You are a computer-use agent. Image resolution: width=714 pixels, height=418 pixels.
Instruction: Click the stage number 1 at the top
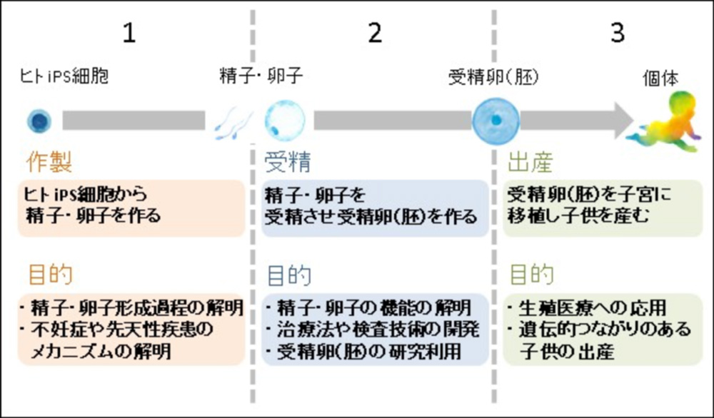coord(129,34)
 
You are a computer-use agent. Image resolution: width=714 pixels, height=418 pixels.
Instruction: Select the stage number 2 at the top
coord(375,34)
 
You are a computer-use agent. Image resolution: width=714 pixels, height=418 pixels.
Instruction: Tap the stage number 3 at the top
coord(618,34)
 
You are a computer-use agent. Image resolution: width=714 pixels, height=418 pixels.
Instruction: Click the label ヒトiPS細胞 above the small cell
coord(64,76)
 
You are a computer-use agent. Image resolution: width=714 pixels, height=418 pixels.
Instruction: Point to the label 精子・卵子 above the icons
coord(261,76)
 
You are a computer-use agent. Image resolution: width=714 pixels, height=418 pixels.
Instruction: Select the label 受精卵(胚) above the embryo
coord(493,76)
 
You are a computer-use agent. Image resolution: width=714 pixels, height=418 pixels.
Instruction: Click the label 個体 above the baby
coord(660,78)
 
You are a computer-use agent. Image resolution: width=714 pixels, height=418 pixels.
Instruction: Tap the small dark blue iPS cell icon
coord(36,121)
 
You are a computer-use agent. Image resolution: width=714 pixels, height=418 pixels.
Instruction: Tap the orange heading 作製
coord(49,163)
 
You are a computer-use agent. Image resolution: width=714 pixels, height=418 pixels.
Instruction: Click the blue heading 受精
coord(288,163)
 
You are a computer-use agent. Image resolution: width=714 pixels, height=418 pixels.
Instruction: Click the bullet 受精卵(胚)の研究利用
coord(372,352)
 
